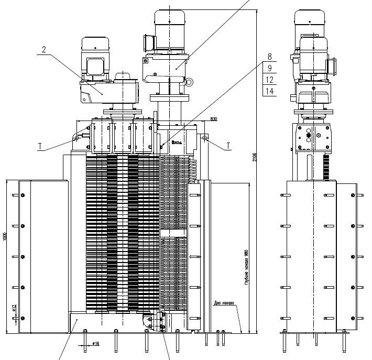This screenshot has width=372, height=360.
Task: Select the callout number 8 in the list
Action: (269, 57)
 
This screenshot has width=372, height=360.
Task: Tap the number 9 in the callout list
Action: (269, 68)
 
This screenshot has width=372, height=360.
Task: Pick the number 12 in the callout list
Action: (269, 80)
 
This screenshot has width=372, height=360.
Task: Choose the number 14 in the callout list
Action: (269, 91)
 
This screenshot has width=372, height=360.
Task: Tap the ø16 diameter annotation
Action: (96, 344)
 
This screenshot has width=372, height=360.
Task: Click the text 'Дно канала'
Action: (223, 302)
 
